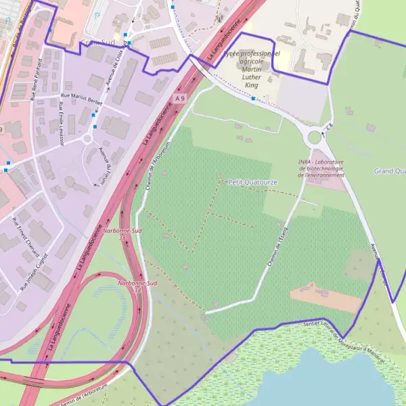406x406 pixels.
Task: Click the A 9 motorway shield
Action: point(179,99)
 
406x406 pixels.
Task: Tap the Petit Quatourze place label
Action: point(244,181)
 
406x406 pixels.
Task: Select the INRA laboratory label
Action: point(322,168)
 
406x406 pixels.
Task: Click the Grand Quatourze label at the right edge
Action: point(389,171)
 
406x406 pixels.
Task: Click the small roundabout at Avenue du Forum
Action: point(86,139)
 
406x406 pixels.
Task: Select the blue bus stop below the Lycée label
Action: point(253,99)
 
